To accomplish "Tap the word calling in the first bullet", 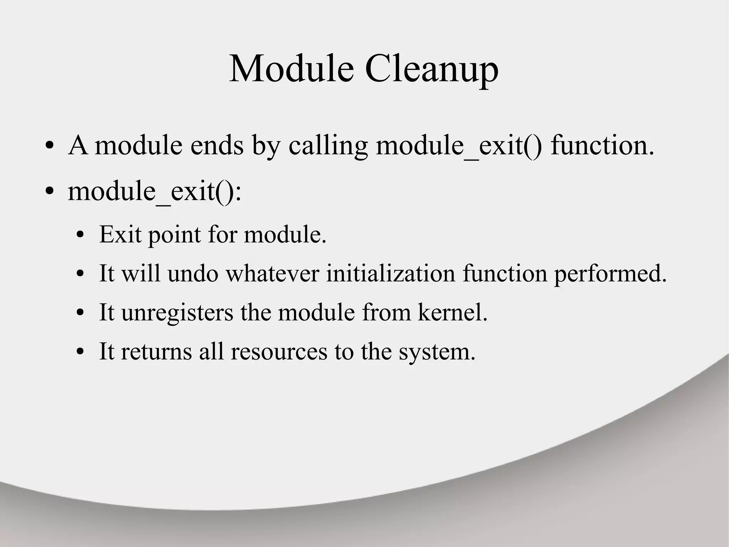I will point(328,146).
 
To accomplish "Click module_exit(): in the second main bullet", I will point(154,192).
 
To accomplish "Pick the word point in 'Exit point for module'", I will point(174,235).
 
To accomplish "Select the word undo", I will point(193,274).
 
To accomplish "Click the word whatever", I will point(272,274).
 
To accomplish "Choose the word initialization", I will point(390,274).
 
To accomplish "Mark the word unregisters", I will point(177,313).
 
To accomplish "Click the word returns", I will point(156,351).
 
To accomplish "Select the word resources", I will point(279,352).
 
